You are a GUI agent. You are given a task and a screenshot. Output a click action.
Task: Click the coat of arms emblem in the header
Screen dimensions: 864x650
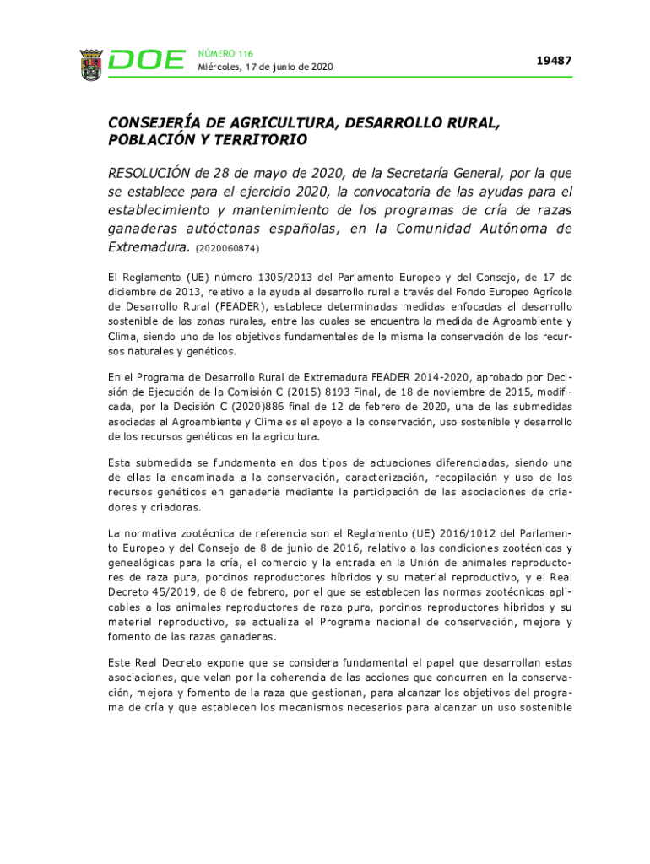pyautogui.click(x=90, y=64)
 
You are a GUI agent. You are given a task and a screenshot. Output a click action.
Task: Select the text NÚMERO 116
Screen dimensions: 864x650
pyautogui.click(x=225, y=53)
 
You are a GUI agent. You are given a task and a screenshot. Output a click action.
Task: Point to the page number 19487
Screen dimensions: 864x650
pyautogui.click(x=555, y=61)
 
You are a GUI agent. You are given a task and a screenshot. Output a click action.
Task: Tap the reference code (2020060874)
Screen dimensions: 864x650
pyautogui.click(x=227, y=249)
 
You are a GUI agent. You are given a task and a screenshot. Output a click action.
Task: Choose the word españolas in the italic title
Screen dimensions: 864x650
pyautogui.click(x=297, y=229)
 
